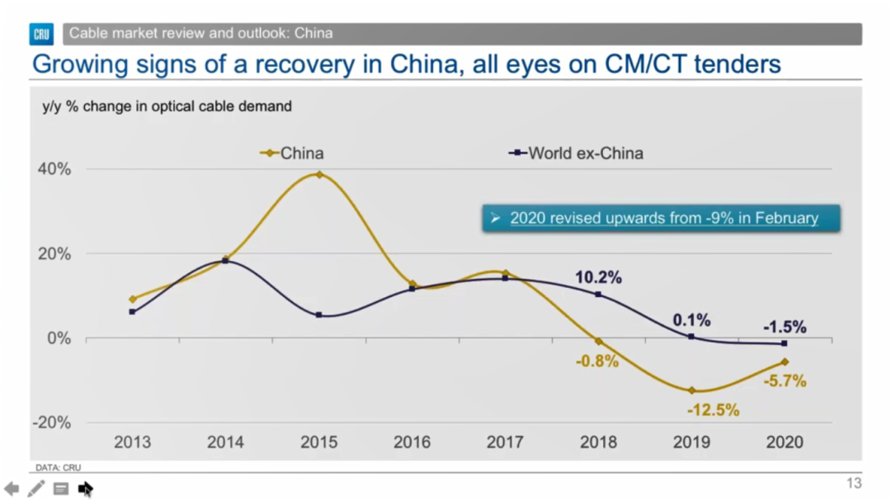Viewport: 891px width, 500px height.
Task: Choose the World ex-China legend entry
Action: pos(576,153)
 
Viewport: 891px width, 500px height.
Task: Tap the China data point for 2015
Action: pos(319,175)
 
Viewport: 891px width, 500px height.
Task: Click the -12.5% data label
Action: pos(713,409)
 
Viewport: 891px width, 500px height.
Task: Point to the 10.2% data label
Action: pos(598,278)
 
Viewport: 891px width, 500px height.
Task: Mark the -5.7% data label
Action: pos(785,381)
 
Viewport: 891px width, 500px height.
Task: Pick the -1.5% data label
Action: pos(784,327)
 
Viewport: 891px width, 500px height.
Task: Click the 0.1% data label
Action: pos(691,320)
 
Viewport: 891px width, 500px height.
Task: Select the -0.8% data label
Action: pos(597,361)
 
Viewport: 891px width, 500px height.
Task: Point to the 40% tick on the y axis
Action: pos(54,169)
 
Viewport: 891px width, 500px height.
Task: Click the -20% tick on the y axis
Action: pos(51,422)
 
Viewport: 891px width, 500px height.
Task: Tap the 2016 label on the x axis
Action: pos(412,442)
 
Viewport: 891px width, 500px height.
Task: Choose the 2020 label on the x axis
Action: pos(785,442)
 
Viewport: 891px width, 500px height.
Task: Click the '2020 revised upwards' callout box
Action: pos(661,219)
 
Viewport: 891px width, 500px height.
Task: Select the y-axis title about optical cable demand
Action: pos(167,106)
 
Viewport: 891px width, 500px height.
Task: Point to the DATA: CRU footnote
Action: pos(58,468)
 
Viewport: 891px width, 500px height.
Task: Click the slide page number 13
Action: pos(854,483)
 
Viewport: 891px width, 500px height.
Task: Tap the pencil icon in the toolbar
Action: pos(35,488)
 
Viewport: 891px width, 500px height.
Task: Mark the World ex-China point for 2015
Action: pos(319,315)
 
